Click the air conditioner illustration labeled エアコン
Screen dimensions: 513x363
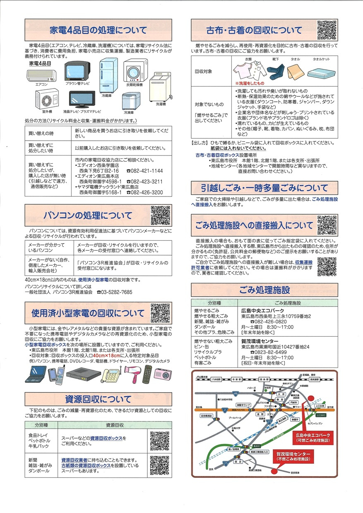pyautogui.click(x=41, y=75)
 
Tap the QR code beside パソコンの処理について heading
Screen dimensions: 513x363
pyautogui.click(x=160, y=215)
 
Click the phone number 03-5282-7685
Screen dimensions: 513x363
pyautogui.click(x=115, y=292)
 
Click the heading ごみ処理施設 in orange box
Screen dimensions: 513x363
pyautogui.click(x=264, y=289)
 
